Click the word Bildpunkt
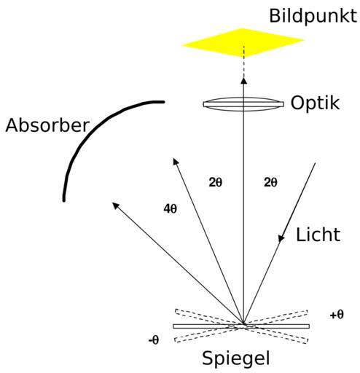click(x=313, y=16)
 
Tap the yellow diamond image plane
click(x=243, y=43)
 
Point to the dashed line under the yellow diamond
click(x=244, y=62)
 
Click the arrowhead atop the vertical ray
click(x=244, y=81)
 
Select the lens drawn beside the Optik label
click(x=243, y=104)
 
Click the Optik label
click(x=315, y=103)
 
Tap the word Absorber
click(x=47, y=125)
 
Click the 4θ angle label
click(x=170, y=209)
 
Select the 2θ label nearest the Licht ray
click(x=270, y=182)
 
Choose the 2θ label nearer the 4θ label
click(x=216, y=182)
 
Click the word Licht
click(x=318, y=235)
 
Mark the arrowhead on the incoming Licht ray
click(x=281, y=238)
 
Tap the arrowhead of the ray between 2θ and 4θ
click(x=176, y=161)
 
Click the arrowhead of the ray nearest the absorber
click(x=116, y=205)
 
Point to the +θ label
click(x=337, y=315)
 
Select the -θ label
click(x=154, y=340)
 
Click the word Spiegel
click(x=236, y=358)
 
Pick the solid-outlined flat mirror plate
click(x=241, y=326)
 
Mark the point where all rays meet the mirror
click(x=243, y=324)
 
